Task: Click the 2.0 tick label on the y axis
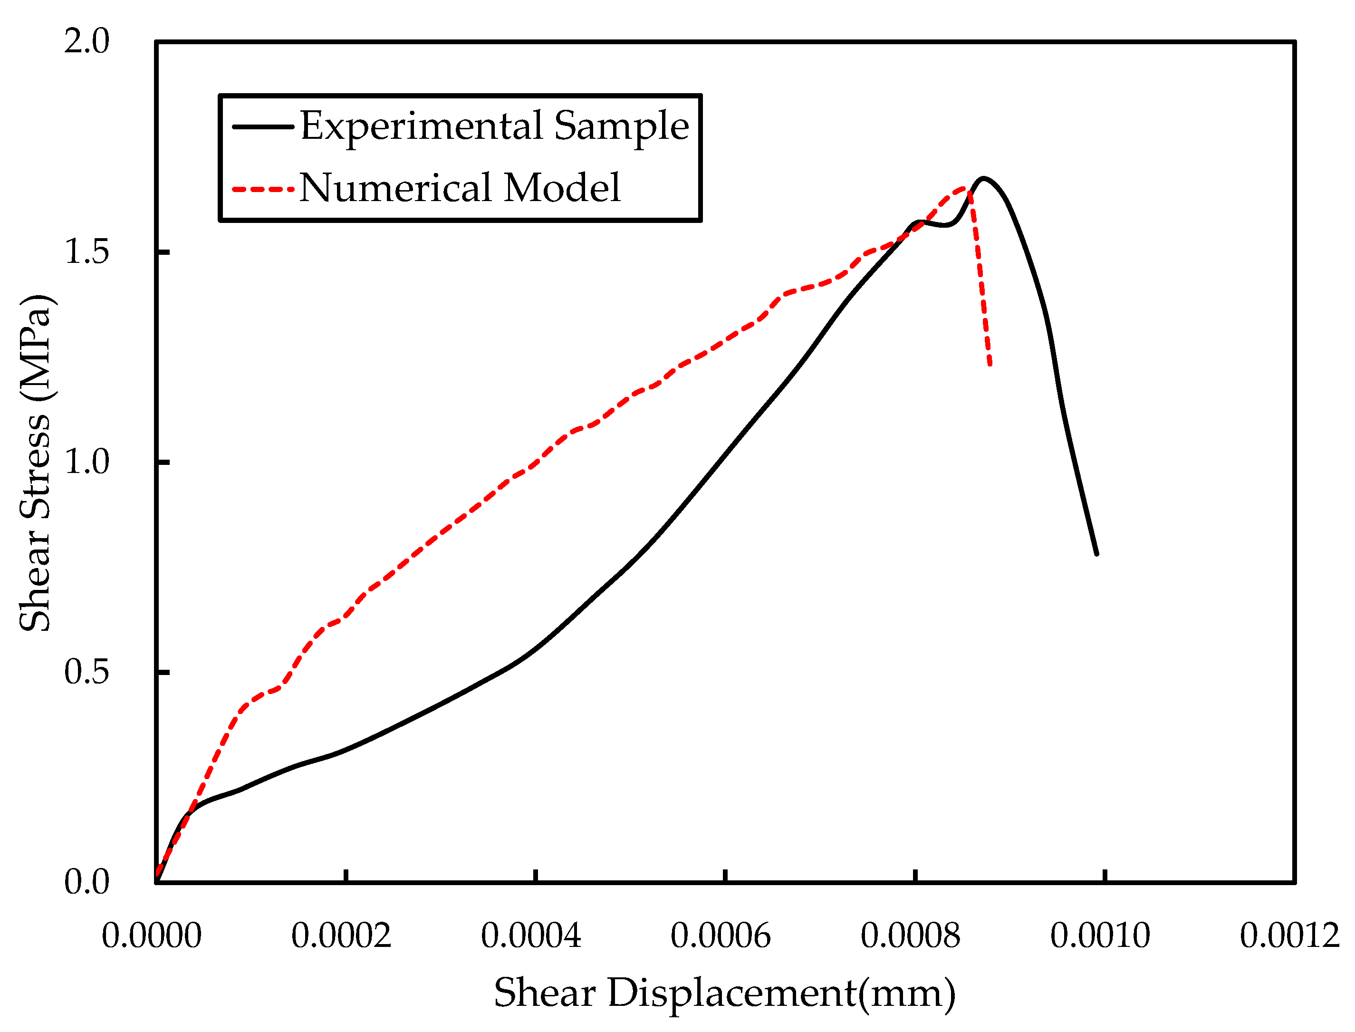coord(86,41)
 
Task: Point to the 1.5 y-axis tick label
coord(86,251)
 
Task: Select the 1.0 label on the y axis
coord(86,462)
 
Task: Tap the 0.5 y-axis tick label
coord(86,672)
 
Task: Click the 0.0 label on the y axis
coord(86,882)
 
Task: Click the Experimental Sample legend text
coord(494,126)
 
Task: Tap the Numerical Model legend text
coord(460,187)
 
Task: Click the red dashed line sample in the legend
coord(263,189)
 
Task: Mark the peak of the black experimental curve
coord(984,178)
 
